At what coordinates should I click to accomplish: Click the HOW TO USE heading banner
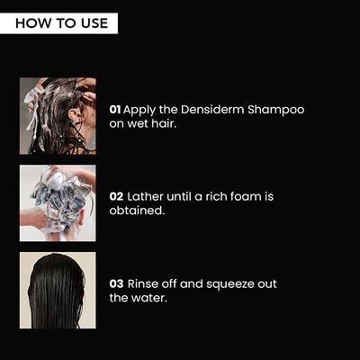tap(60, 22)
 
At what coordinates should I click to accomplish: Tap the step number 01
tap(115, 110)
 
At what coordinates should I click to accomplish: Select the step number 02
tap(116, 195)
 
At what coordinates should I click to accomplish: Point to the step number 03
tap(116, 283)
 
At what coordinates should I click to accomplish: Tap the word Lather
tap(148, 195)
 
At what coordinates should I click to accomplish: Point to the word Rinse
tap(146, 283)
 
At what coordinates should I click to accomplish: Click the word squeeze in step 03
tap(228, 284)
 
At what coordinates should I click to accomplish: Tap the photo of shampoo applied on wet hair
tap(58, 115)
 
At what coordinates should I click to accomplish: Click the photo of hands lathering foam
tap(58, 202)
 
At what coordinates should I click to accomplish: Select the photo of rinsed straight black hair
tap(58, 290)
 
